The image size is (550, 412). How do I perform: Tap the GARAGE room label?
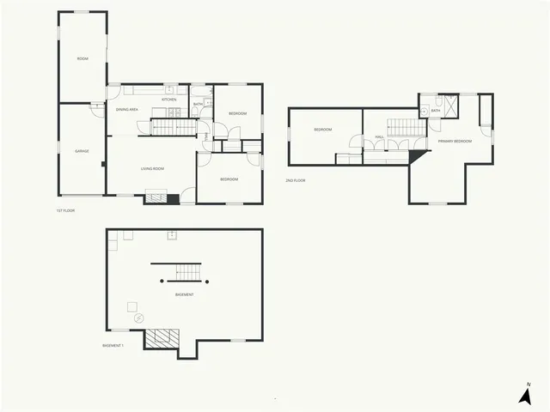[82, 151]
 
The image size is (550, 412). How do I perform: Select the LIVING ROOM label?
[152, 168]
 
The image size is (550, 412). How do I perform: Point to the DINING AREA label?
[127, 109]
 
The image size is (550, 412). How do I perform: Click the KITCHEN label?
[169, 99]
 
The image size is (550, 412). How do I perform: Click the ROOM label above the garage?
[82, 58]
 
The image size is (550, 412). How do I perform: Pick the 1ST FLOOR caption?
[65, 210]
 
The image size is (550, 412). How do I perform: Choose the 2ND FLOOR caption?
[295, 180]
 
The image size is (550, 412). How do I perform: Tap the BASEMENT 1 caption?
[113, 346]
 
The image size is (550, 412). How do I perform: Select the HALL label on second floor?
[379, 136]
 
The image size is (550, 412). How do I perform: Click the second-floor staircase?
[404, 127]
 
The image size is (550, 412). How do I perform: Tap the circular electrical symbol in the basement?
[138, 317]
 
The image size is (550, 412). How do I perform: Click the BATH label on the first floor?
[198, 104]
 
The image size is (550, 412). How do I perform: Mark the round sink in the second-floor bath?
[425, 112]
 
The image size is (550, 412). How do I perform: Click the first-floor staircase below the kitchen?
[174, 128]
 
